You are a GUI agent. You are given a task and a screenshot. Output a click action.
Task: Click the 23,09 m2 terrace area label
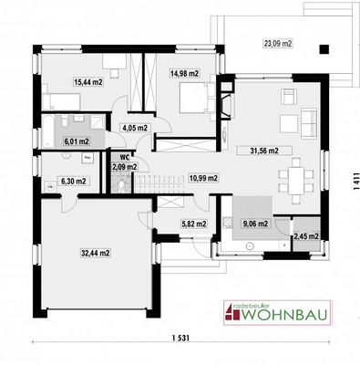[278, 43]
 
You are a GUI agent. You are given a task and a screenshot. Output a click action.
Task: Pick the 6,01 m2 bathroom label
[77, 141]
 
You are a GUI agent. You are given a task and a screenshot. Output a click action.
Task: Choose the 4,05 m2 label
[134, 130]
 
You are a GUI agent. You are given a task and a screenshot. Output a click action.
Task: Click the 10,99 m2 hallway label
[202, 178]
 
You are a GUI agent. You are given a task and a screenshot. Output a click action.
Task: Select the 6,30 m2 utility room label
[73, 181]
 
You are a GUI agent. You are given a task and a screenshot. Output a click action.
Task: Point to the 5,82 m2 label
[193, 222]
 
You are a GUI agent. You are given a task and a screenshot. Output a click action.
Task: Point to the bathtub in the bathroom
[51, 124]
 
